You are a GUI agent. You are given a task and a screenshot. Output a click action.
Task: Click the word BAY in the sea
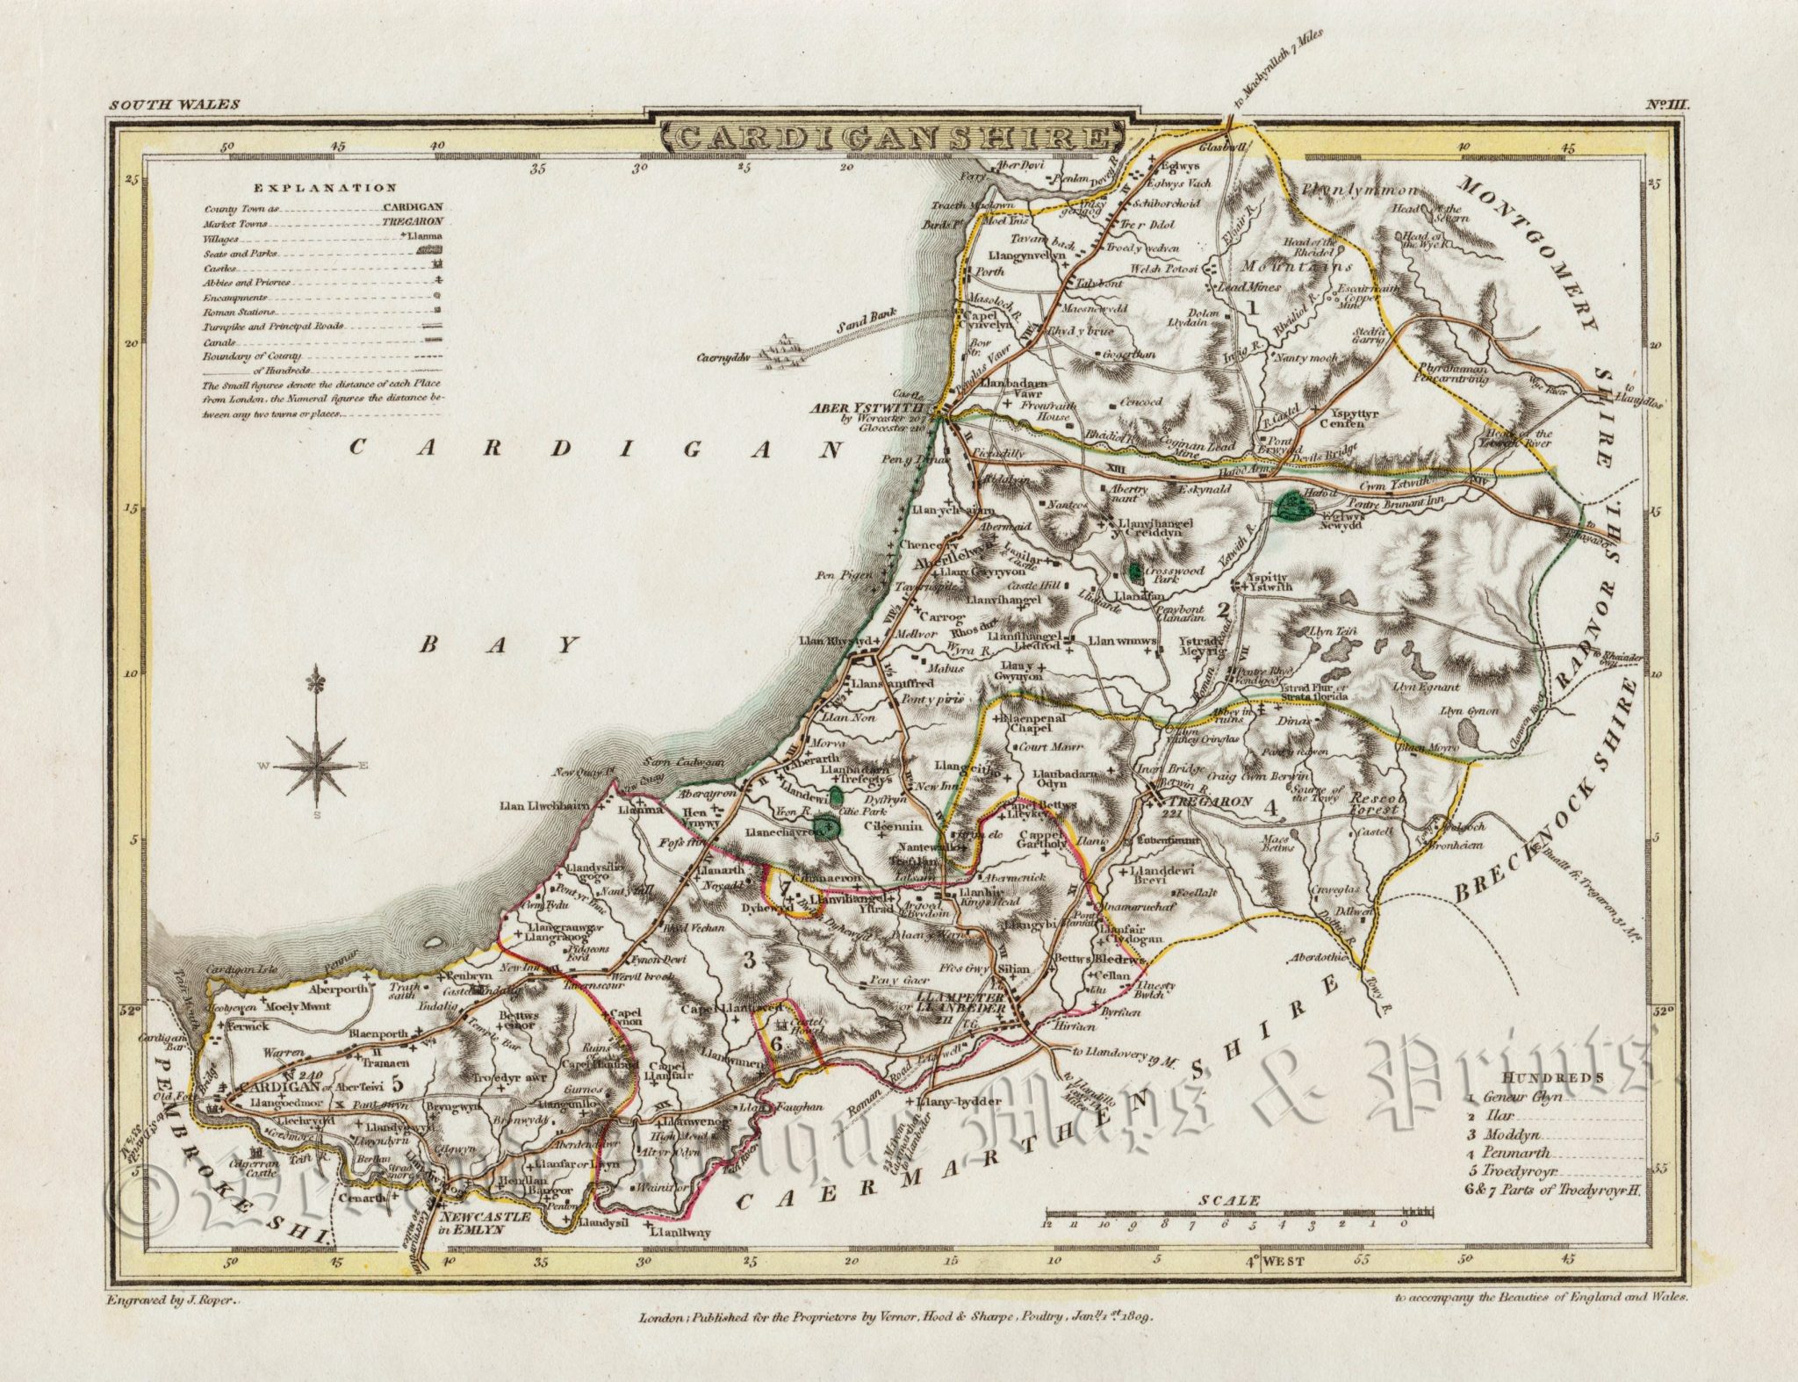pyautogui.click(x=500, y=645)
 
